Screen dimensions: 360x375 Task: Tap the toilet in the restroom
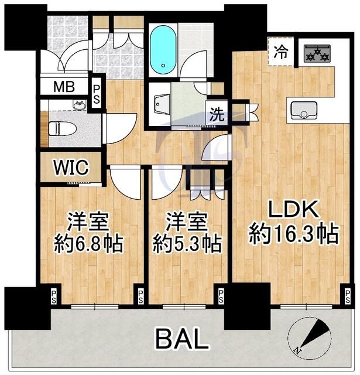point(62,129)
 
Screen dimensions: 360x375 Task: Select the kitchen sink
point(304,110)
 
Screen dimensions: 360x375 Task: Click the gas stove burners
point(317,53)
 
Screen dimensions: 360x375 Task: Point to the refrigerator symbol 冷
point(281,52)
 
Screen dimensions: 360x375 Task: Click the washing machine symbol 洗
point(217,114)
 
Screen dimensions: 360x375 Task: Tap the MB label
point(64,86)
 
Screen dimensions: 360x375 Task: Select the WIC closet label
point(71,168)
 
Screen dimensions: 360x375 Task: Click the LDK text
point(294,210)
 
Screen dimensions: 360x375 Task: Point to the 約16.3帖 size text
point(294,233)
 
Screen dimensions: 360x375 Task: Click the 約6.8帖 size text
point(88,244)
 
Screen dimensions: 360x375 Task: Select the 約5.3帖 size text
point(187,244)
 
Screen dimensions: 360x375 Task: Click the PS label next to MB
point(96,94)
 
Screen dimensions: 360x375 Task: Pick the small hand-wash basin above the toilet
point(80,105)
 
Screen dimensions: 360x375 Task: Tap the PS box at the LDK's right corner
point(348,296)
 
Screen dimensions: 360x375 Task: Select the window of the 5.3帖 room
point(184,306)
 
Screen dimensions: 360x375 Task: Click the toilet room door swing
point(120,129)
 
